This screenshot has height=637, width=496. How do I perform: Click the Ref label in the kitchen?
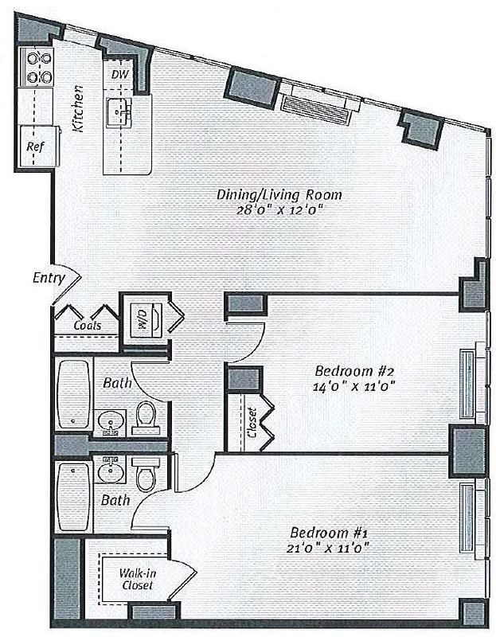[34, 147]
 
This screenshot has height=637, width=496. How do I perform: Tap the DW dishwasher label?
[119, 74]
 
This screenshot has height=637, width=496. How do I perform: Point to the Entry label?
[49, 278]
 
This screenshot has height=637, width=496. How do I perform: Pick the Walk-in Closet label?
[137, 579]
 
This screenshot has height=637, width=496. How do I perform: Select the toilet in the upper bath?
[146, 416]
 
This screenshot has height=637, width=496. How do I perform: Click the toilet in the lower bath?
[146, 476]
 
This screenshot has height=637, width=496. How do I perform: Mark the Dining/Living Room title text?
[279, 194]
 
